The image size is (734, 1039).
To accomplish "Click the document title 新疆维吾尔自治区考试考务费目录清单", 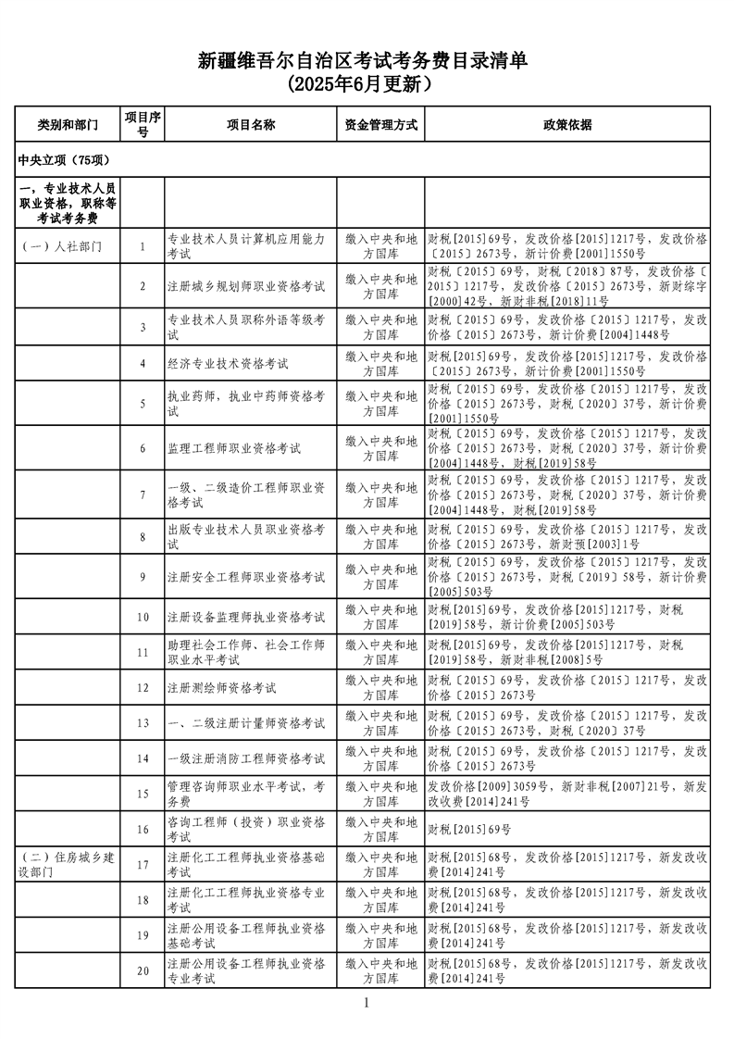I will tap(367, 61).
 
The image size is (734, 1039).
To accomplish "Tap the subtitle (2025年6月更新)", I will tap(367, 85).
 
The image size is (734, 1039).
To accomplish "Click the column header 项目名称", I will tap(250, 124).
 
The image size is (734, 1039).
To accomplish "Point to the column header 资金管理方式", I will tap(380, 124).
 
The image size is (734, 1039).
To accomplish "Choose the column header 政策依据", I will tap(567, 124).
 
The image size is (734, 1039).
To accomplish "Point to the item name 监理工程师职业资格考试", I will tap(234, 448).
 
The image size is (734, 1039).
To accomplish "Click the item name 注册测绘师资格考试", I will tap(221, 688).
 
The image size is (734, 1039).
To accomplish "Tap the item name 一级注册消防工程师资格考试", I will tap(246, 758).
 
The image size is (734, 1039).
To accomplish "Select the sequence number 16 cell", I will tap(143, 829).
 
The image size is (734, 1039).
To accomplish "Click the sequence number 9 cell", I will tap(143, 577).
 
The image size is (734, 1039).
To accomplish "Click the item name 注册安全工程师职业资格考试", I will tap(246, 577).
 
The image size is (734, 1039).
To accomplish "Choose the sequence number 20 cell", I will tap(143, 970).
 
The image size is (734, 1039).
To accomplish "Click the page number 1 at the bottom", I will tap(367, 1003).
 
